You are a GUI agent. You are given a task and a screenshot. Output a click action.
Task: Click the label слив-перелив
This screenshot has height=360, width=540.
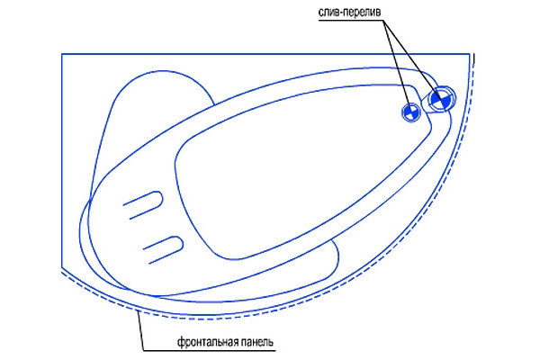tap(349, 13)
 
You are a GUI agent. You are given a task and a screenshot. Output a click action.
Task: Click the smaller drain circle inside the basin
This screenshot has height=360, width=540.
tap(411, 112)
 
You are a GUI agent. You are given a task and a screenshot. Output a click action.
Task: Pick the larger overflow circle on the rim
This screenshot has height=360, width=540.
tap(441, 99)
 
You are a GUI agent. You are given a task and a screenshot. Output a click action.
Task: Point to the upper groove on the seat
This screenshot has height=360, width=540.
tap(143, 205)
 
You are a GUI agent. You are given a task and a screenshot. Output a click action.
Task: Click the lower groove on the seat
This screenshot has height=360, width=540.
tap(163, 250)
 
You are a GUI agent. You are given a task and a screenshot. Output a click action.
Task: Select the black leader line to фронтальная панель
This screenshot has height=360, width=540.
tap(140, 330)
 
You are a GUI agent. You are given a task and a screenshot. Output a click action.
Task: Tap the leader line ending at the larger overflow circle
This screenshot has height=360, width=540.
tap(411, 59)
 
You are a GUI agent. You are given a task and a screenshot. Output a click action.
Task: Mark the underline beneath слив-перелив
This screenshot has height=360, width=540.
tap(350, 21)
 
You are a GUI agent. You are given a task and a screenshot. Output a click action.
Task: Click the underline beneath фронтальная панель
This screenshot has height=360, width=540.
tap(210, 351)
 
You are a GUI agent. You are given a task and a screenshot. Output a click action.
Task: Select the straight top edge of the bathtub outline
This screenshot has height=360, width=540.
tap(265, 54)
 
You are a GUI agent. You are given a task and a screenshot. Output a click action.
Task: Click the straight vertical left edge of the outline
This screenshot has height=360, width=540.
tap(62, 160)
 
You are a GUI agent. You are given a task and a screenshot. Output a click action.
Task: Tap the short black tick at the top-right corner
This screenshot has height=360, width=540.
tap(474, 58)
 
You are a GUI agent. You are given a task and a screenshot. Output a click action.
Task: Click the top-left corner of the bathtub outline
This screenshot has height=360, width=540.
tap(62, 54)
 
